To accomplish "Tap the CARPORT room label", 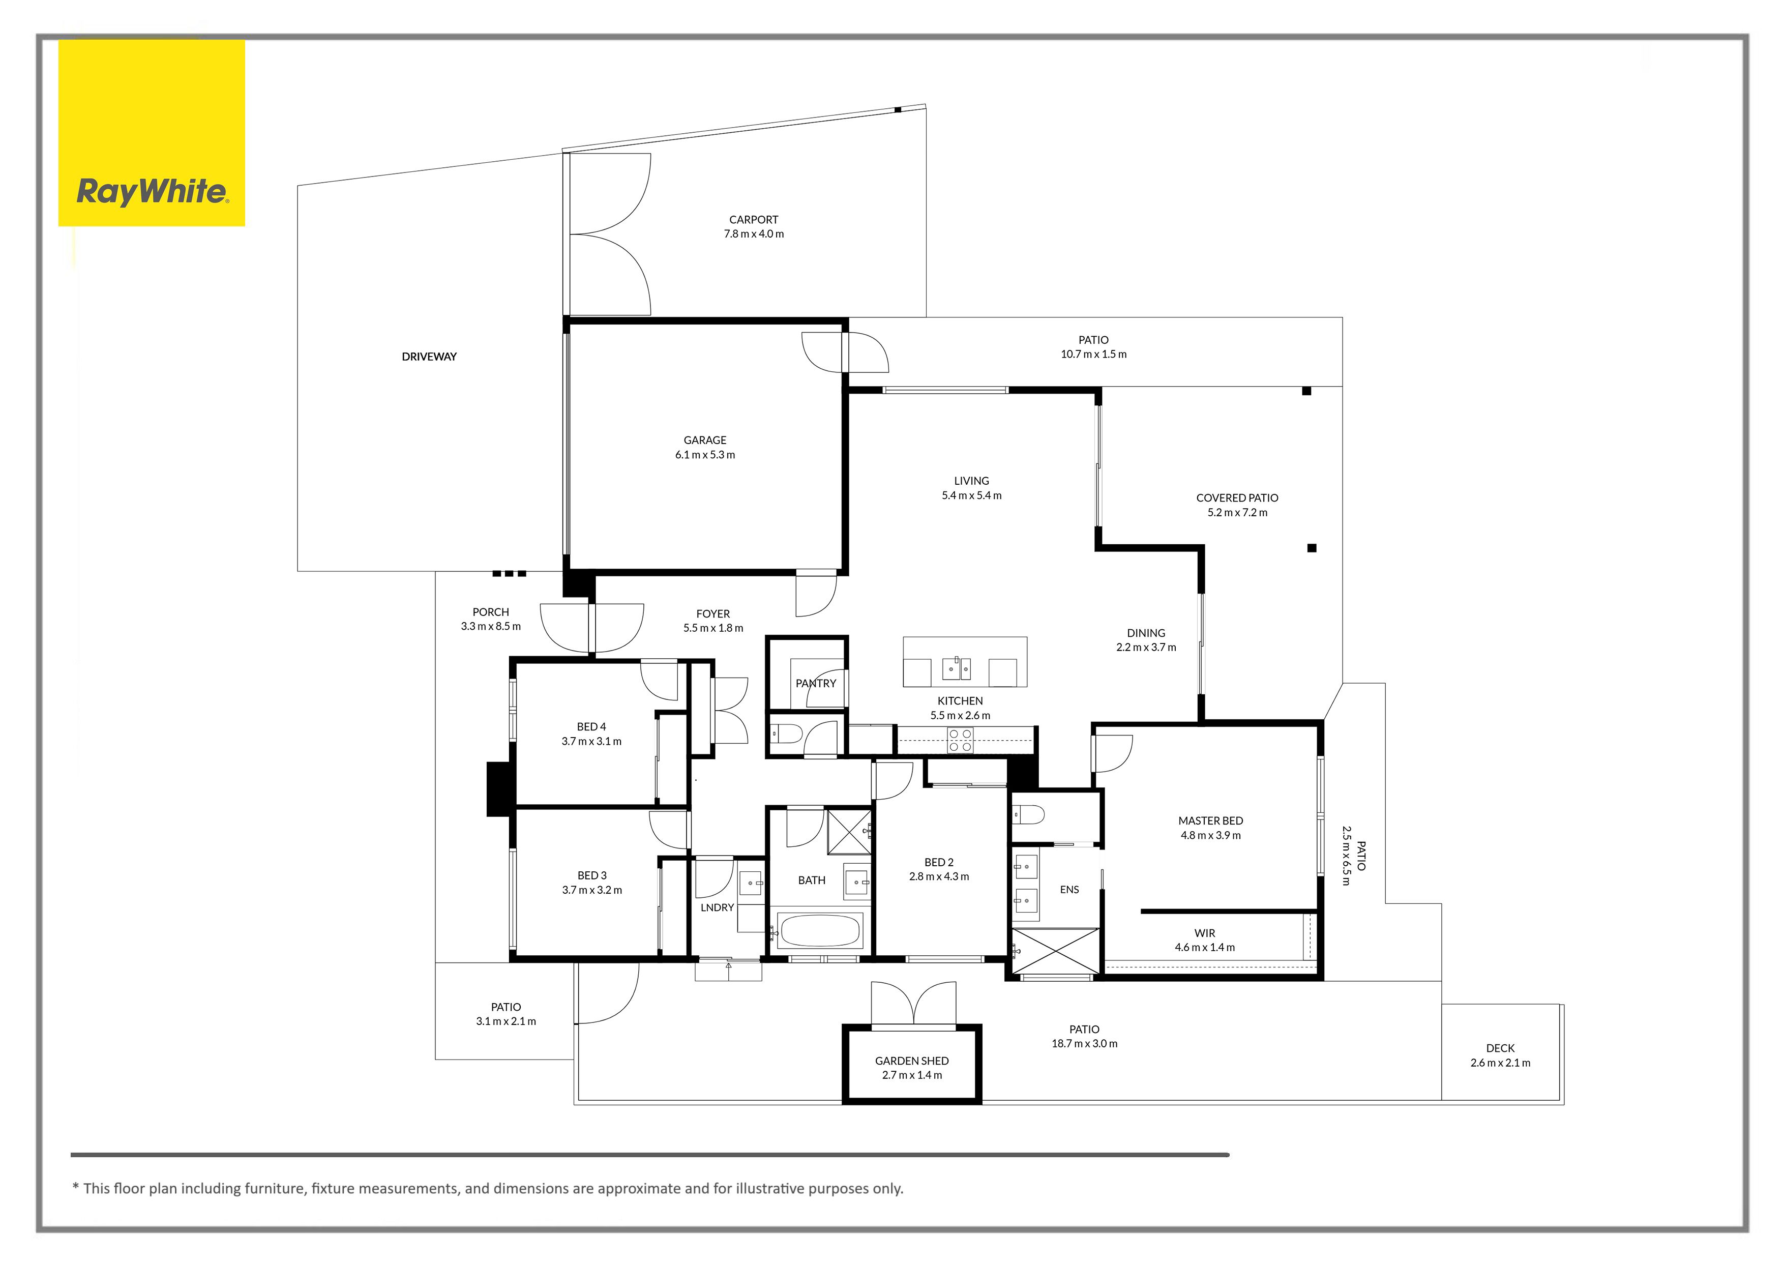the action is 753,220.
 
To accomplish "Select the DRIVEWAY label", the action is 429,357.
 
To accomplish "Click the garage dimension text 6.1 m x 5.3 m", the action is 705,455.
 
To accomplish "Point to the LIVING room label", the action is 971,481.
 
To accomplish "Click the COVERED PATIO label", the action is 1237,498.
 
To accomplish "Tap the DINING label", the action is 1146,633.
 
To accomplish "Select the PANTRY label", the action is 816,684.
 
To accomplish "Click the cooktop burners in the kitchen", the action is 960,741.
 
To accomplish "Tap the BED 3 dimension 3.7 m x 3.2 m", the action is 592,891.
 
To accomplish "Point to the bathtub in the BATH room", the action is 820,930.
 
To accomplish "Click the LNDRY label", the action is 717,907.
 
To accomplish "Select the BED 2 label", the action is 939,863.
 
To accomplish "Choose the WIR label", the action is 1204,933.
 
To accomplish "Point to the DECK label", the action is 1500,1048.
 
